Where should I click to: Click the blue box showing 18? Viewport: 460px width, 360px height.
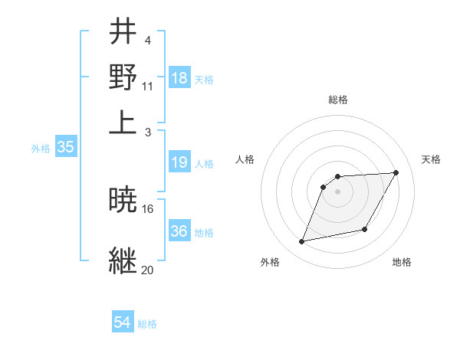coord(179,78)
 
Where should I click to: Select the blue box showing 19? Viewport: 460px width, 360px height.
coord(179,162)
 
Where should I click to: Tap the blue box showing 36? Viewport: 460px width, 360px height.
coord(179,231)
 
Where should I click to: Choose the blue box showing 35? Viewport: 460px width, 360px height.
coord(65,148)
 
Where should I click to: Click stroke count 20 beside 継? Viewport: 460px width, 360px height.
coord(148,270)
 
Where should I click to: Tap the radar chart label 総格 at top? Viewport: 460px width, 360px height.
coord(338,100)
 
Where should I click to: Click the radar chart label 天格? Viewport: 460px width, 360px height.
coord(431,159)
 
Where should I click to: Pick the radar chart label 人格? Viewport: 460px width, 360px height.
coord(245,159)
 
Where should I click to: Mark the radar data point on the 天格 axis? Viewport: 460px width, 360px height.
coord(396,172)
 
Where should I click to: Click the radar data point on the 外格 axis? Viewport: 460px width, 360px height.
coord(302,242)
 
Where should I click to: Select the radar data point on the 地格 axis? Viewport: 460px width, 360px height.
coord(365,230)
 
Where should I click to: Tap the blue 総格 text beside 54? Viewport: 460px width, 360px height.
coord(147,324)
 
